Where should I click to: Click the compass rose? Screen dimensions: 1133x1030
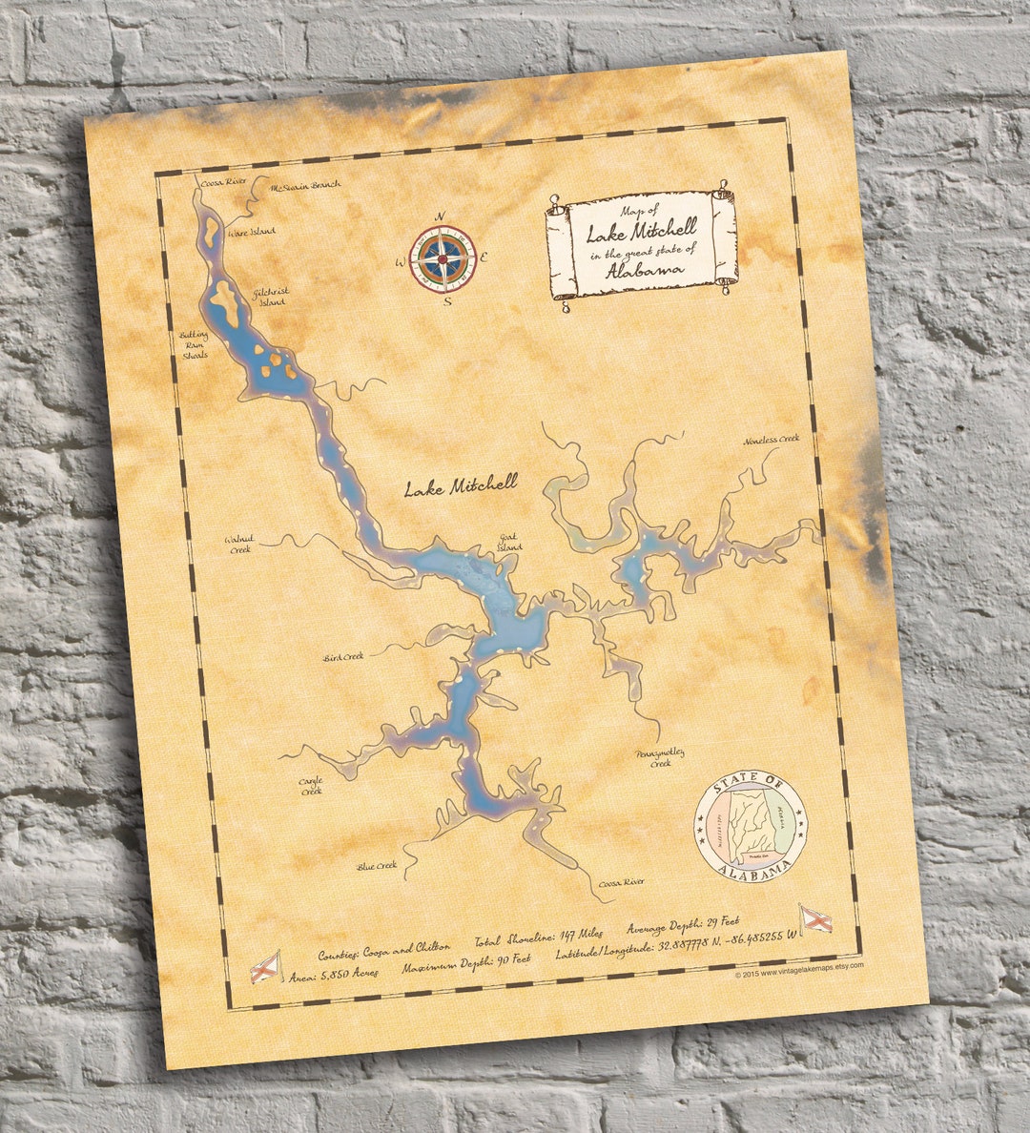(x=440, y=257)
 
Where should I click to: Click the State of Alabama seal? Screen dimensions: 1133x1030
(x=749, y=822)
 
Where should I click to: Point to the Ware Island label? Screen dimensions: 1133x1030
(x=251, y=232)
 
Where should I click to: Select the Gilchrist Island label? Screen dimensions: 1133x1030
(x=271, y=297)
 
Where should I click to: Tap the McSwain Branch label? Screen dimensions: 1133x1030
(x=305, y=187)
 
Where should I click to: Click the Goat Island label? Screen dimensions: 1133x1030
(x=510, y=542)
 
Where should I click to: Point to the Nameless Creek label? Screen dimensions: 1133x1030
(x=772, y=440)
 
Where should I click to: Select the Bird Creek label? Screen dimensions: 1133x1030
(x=344, y=656)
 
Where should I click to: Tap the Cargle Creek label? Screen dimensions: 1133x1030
(x=311, y=786)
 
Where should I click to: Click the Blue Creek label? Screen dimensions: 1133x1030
(x=377, y=866)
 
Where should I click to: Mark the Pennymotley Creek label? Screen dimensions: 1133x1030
(x=660, y=758)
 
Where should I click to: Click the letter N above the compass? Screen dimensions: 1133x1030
(x=440, y=216)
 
